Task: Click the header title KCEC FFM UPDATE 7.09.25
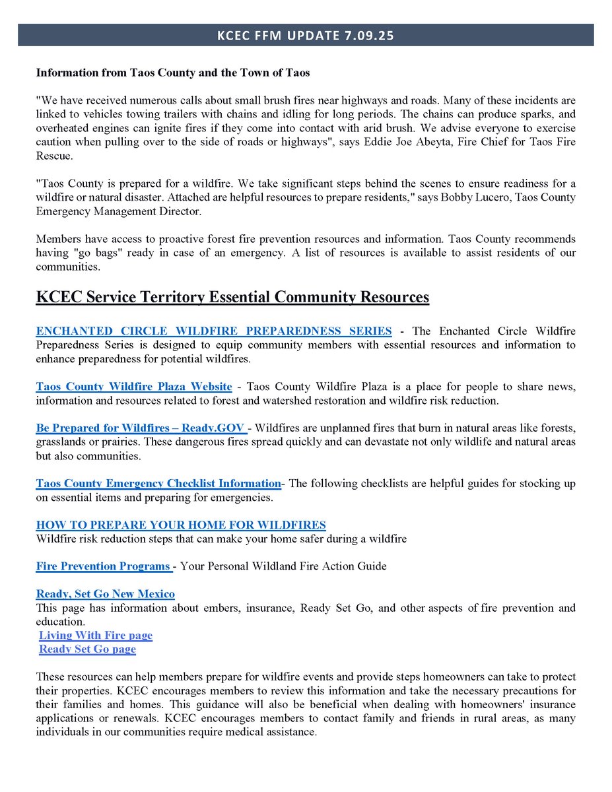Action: (x=305, y=36)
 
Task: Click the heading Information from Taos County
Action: (x=173, y=73)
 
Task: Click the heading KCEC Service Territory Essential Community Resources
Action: (x=232, y=297)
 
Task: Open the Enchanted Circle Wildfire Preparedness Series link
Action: (x=214, y=331)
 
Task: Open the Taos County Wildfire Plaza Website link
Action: (x=134, y=386)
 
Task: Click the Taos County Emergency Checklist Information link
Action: (x=158, y=483)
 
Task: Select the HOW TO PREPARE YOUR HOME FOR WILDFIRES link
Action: (x=181, y=525)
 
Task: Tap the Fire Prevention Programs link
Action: (x=104, y=566)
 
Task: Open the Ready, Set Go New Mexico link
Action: (x=106, y=593)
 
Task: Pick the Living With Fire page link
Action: (x=96, y=635)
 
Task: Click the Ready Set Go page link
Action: (x=88, y=649)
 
